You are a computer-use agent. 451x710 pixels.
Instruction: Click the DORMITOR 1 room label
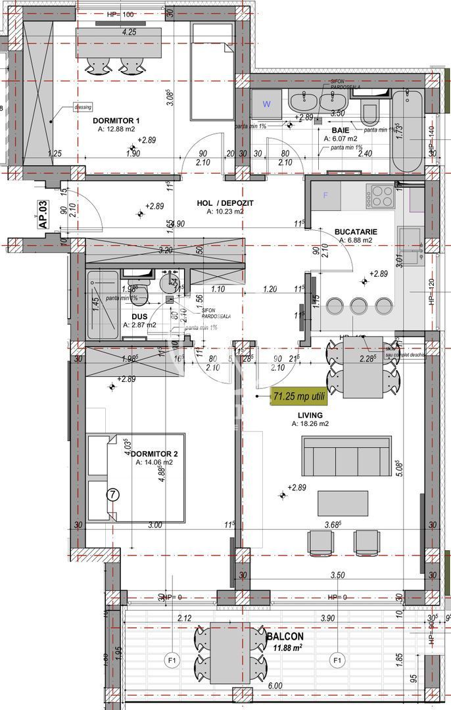tap(116, 120)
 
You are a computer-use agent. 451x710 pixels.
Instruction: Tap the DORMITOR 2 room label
tap(154, 454)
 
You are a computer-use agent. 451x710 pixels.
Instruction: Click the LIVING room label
tap(310, 415)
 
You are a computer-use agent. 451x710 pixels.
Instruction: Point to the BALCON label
tap(285, 637)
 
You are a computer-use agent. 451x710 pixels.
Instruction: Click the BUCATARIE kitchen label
tap(356, 231)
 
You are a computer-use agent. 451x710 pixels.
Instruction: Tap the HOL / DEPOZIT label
tap(225, 203)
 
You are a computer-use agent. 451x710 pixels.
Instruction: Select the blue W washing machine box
tap(266, 103)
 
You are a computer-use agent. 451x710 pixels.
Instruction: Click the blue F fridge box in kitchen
tap(325, 195)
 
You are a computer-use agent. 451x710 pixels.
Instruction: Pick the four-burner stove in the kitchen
tap(382, 196)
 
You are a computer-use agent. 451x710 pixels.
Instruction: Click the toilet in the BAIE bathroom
tap(369, 114)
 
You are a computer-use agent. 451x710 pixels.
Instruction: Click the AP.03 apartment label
tap(43, 214)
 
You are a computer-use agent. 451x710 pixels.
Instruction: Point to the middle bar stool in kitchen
tap(358, 306)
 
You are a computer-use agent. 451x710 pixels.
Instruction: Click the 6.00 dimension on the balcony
tap(275, 685)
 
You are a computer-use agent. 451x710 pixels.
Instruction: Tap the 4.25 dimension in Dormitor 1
tap(129, 32)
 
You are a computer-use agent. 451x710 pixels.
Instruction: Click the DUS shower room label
tap(130, 316)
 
